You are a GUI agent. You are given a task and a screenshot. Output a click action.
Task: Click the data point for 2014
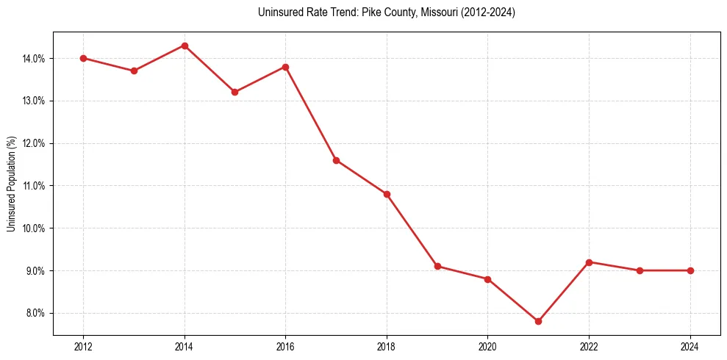[185, 46]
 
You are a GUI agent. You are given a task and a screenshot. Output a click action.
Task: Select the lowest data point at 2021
[538, 321]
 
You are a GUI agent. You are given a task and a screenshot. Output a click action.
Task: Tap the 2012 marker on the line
[84, 58]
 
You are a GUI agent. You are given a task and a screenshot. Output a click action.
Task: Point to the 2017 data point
[336, 160]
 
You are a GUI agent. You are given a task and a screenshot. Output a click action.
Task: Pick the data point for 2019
[437, 266]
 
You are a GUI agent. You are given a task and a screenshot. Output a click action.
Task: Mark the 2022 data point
[589, 262]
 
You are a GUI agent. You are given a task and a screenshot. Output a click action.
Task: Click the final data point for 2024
[690, 270]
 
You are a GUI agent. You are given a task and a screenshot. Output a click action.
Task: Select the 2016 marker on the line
[285, 67]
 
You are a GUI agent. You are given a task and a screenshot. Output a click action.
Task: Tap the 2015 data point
[235, 92]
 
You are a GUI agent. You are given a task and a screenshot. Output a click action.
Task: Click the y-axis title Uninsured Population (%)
[12, 184]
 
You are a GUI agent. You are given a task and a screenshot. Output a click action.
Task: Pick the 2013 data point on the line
[134, 71]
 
